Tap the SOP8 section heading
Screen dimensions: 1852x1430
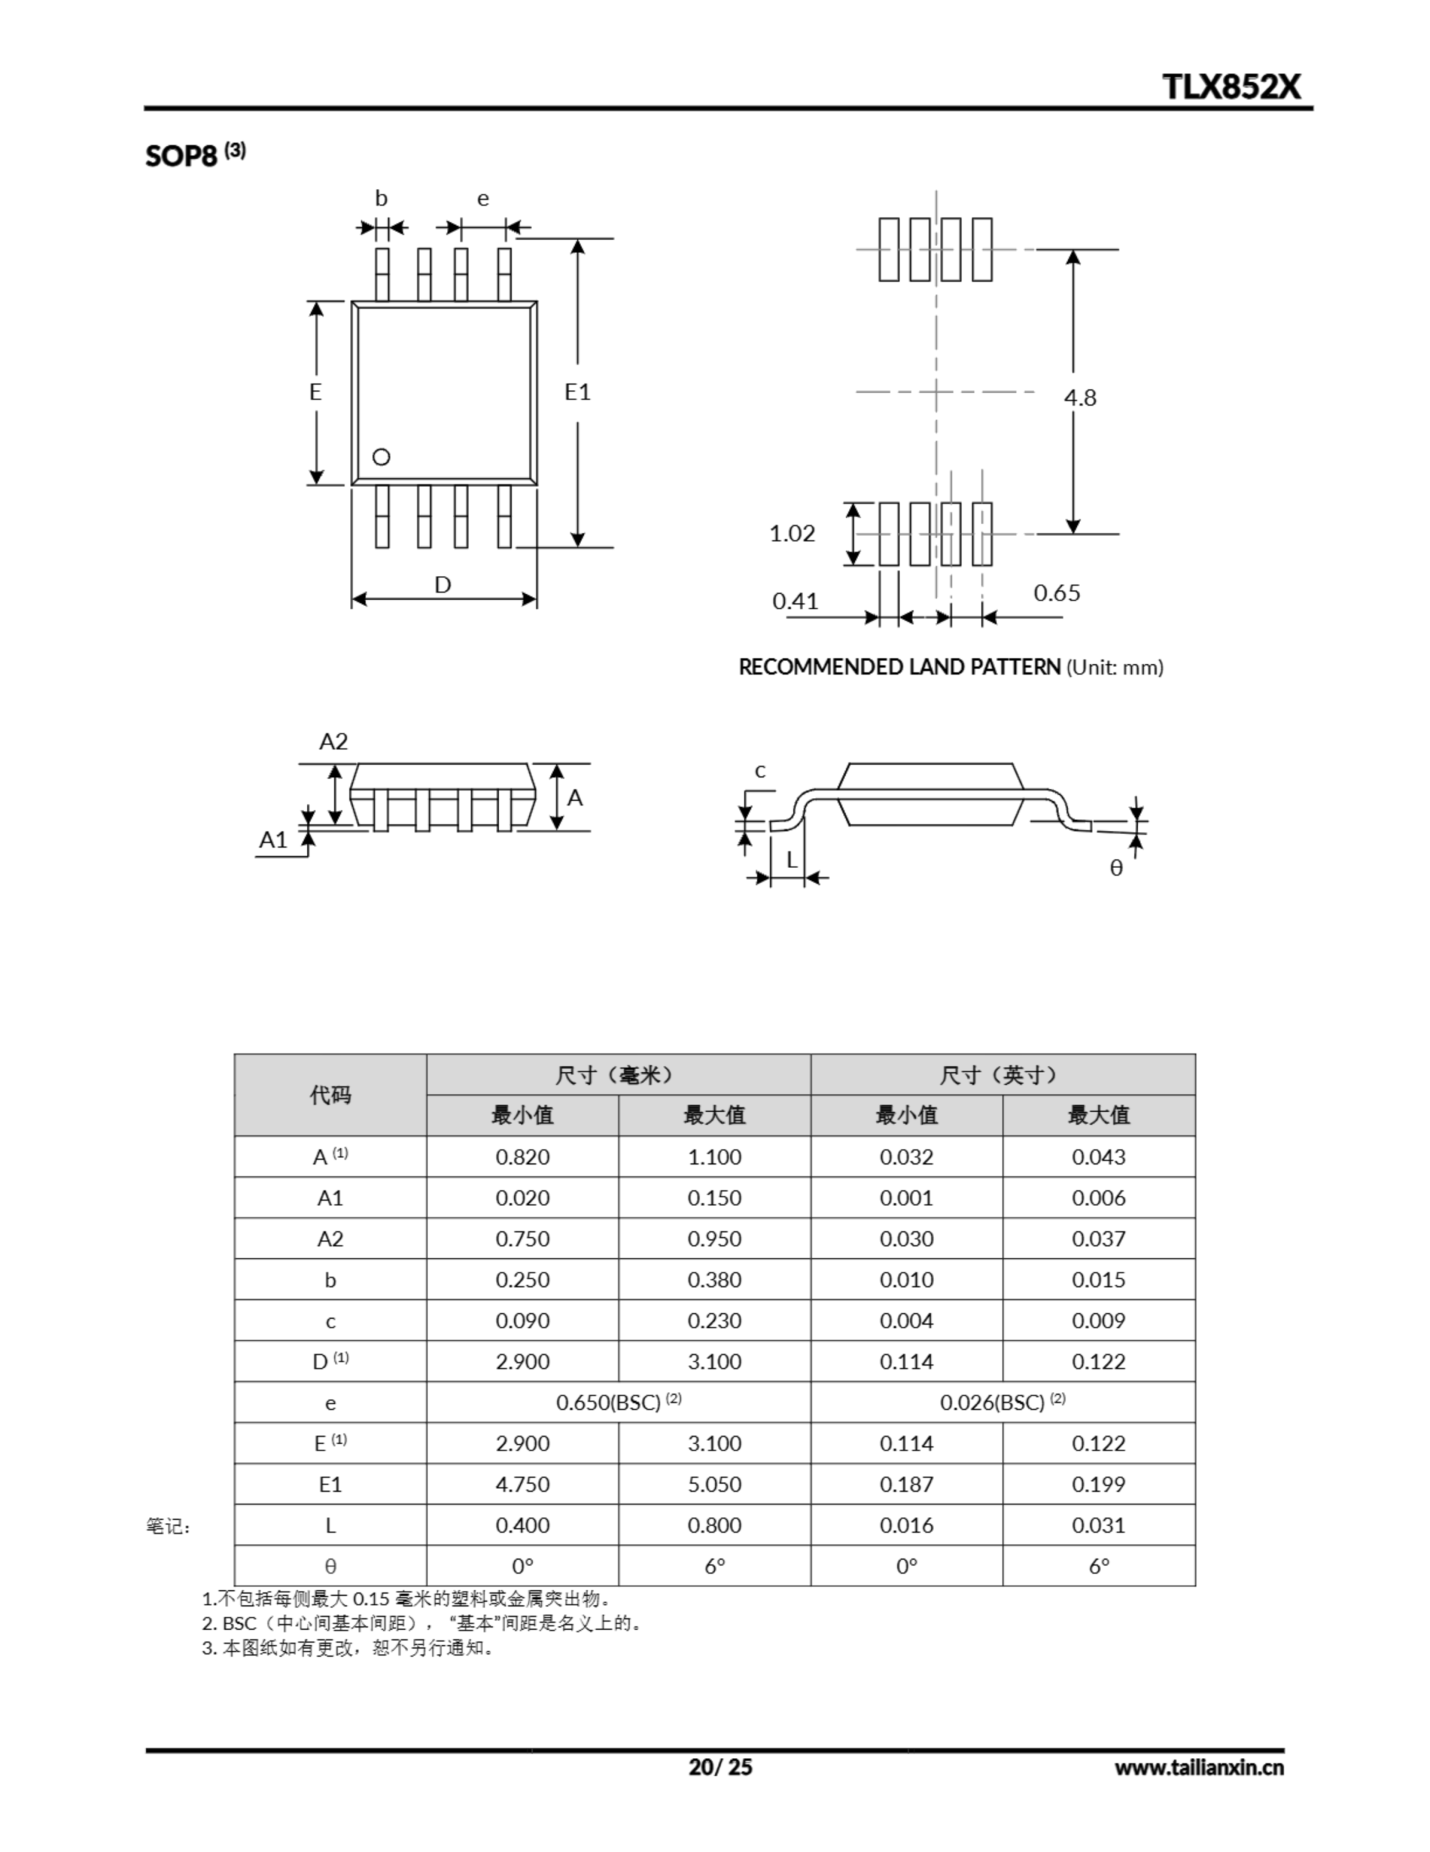click(181, 156)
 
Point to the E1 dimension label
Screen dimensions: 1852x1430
click(577, 392)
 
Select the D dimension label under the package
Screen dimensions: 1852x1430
click(442, 585)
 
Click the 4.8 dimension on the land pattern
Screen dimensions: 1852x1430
click(1080, 398)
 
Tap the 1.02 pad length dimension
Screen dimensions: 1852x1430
click(792, 533)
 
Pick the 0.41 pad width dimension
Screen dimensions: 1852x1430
click(795, 601)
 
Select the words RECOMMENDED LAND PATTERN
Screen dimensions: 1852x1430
click(899, 667)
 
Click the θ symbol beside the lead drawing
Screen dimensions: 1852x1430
click(1116, 867)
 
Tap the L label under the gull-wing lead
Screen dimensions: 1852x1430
click(792, 860)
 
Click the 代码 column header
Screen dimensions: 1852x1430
click(330, 1095)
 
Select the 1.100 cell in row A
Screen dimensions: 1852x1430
click(714, 1157)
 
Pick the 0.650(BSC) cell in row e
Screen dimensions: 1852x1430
click(618, 1403)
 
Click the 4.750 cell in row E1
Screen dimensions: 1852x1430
click(522, 1484)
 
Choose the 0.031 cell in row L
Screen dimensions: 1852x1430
click(1099, 1525)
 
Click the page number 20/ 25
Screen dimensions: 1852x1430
click(719, 1767)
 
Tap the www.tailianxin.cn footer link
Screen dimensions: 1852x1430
click(1199, 1767)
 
